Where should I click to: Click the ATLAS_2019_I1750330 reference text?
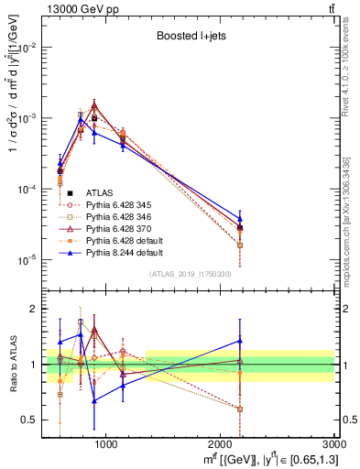[190, 274]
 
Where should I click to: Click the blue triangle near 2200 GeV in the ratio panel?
[240, 341]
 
